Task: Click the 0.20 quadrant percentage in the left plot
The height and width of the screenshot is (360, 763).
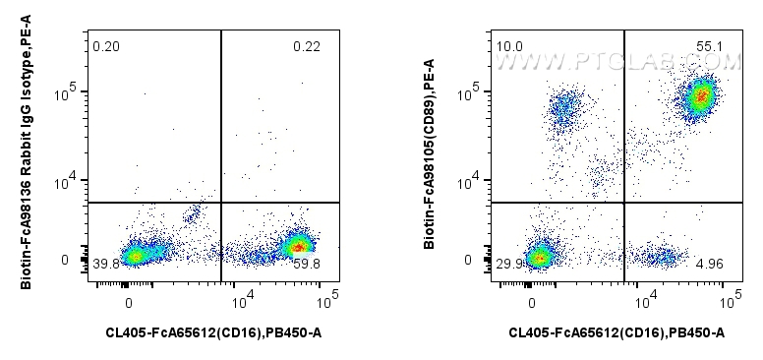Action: pyautogui.click(x=105, y=46)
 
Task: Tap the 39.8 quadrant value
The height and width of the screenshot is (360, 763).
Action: pyautogui.click(x=106, y=264)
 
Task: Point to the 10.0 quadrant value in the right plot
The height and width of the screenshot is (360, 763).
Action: pyautogui.click(x=509, y=46)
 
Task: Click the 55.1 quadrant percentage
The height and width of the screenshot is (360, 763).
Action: pyautogui.click(x=710, y=46)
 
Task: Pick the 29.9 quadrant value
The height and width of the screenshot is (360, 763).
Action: pyautogui.click(x=509, y=264)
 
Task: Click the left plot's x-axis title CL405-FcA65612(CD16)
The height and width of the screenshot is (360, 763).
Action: pyautogui.click(x=213, y=333)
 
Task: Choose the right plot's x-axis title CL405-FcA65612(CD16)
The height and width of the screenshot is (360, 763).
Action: pyautogui.click(x=616, y=333)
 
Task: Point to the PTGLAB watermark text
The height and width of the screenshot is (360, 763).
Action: pyautogui.click(x=616, y=63)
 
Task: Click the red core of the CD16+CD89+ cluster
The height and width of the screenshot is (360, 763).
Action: pyautogui.click(x=700, y=96)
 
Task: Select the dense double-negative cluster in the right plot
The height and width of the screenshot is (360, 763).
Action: pyautogui.click(x=537, y=258)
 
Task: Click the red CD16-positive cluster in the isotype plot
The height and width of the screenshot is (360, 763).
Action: pyautogui.click(x=299, y=245)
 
